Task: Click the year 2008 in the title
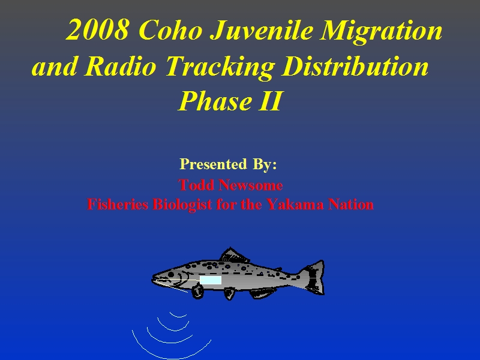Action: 97,30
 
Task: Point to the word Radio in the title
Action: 121,66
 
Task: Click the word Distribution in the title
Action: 355,66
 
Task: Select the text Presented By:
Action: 228,164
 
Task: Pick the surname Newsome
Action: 251,185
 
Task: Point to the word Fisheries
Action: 118,204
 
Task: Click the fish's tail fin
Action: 313,277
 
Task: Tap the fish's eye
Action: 171,274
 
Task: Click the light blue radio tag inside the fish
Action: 211,280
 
